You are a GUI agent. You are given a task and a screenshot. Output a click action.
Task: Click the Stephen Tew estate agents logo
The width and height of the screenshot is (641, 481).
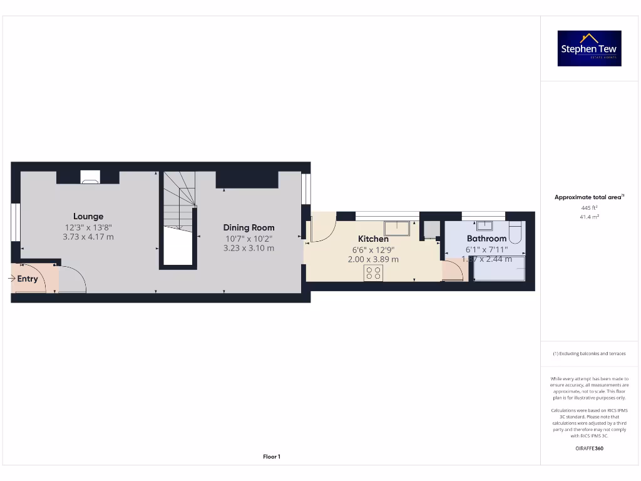(589, 49)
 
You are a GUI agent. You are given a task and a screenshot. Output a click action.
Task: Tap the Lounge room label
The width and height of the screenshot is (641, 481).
(88, 217)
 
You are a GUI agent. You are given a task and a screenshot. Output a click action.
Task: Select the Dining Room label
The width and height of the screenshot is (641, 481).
(249, 227)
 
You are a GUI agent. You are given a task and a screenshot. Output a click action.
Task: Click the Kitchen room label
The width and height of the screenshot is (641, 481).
(373, 239)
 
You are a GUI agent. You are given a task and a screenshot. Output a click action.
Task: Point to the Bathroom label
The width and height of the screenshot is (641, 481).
(486, 239)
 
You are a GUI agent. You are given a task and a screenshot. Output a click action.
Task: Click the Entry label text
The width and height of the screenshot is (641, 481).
(28, 279)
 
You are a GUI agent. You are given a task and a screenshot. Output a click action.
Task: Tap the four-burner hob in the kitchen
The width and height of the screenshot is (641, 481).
(374, 272)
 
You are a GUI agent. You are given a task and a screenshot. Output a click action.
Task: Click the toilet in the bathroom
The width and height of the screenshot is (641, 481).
(515, 231)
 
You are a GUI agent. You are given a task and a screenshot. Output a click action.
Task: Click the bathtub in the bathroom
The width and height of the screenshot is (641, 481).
(499, 269)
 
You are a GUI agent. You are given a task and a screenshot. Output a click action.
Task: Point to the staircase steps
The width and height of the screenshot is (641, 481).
(180, 200)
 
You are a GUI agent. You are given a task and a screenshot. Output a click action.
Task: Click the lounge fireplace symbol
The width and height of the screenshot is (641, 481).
(90, 177)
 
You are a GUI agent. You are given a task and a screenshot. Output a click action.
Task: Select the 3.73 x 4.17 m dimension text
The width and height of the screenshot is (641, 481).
(88, 237)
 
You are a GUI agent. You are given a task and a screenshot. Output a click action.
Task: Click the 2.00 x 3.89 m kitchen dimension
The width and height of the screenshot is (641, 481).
(373, 259)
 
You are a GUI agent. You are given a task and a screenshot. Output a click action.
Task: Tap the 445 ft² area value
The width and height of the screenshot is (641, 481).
(589, 207)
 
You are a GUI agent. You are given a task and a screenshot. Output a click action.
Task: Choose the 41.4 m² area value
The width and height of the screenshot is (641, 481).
(589, 217)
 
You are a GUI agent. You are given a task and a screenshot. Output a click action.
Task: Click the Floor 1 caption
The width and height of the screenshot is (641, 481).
(272, 457)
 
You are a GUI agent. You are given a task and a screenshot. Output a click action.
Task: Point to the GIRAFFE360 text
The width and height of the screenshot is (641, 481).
(589, 448)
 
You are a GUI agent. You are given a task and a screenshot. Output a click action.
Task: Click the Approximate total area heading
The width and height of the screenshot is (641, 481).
(588, 197)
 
